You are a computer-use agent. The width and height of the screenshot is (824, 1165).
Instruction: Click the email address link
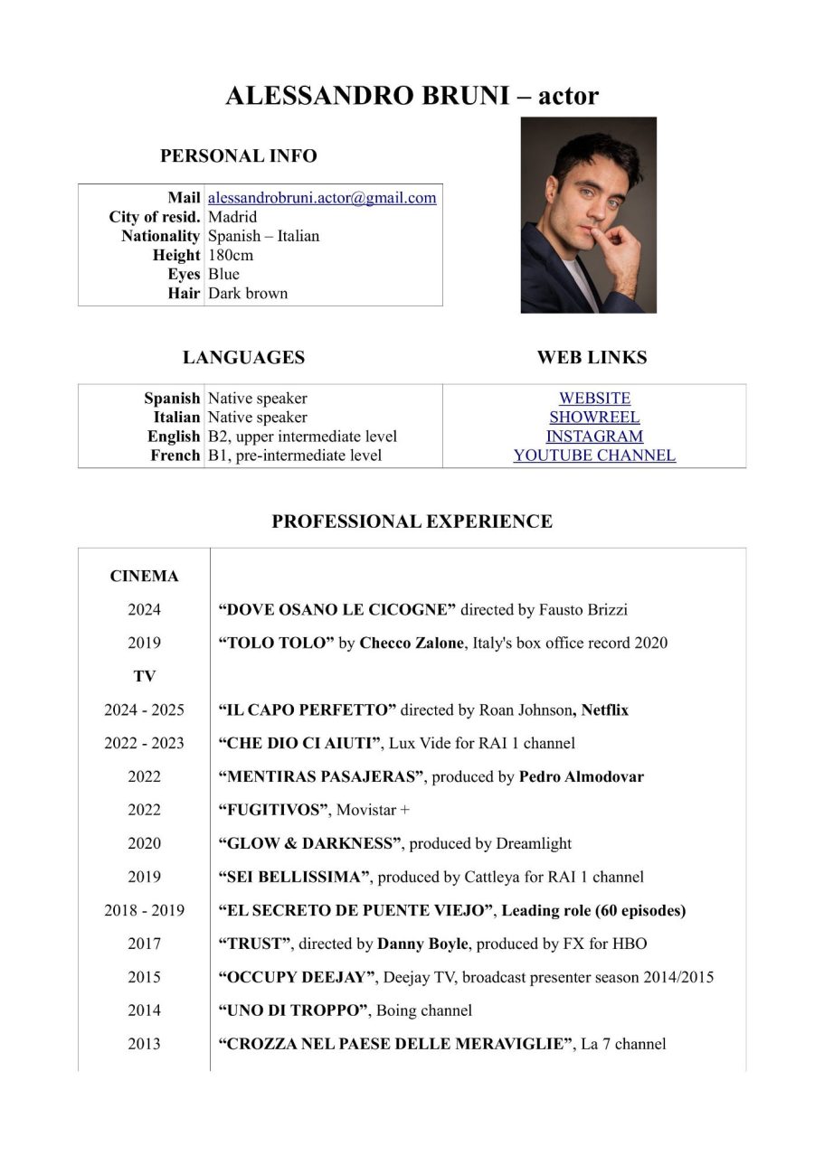pyautogui.click(x=322, y=198)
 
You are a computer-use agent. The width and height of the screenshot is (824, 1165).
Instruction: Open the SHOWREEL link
pyautogui.click(x=594, y=418)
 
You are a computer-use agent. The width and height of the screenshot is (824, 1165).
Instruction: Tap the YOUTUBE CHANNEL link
pyautogui.click(x=594, y=456)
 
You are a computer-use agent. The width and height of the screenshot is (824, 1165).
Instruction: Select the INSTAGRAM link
pyautogui.click(x=594, y=437)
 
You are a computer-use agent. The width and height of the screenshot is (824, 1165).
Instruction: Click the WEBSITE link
pyautogui.click(x=594, y=399)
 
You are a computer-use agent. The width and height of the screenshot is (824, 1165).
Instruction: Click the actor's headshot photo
pyautogui.click(x=588, y=215)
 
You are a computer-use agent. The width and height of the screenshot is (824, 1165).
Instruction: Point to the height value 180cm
pyautogui.click(x=231, y=255)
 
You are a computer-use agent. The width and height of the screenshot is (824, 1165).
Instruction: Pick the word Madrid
pyautogui.click(x=232, y=217)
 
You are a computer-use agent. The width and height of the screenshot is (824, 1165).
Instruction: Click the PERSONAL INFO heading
pyautogui.click(x=239, y=156)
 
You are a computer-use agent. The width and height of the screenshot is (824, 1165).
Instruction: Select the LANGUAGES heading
pyautogui.click(x=243, y=358)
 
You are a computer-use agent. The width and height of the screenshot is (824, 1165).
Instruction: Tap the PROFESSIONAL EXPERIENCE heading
pyautogui.click(x=412, y=521)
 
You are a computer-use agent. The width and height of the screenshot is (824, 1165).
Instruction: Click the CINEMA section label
pyautogui.click(x=144, y=577)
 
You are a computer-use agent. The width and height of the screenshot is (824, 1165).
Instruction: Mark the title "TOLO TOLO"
pyautogui.click(x=276, y=644)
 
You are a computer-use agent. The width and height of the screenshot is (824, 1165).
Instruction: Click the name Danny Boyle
pyautogui.click(x=422, y=944)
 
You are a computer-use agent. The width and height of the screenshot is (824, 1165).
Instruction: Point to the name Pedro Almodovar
pyautogui.click(x=581, y=777)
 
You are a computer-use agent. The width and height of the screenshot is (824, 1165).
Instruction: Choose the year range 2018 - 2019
pyautogui.click(x=144, y=911)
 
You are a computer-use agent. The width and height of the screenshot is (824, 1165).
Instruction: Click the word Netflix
pyautogui.click(x=604, y=710)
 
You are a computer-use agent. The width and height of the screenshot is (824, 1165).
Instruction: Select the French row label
pyautogui.click(x=175, y=456)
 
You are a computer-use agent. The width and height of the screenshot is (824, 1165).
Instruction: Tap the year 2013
pyautogui.click(x=144, y=1045)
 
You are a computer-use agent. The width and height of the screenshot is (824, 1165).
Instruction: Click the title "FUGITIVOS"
pyautogui.click(x=273, y=811)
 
